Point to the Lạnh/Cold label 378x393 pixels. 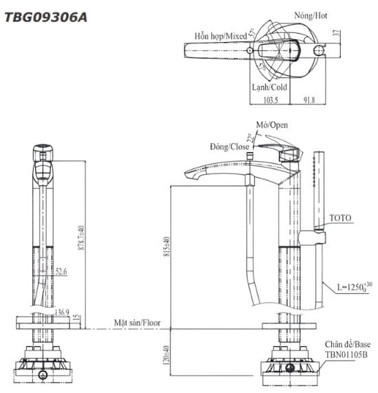point(269,87)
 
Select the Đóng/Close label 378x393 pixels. point(230,147)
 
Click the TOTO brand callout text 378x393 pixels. point(340,218)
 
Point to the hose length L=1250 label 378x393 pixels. point(355,287)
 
